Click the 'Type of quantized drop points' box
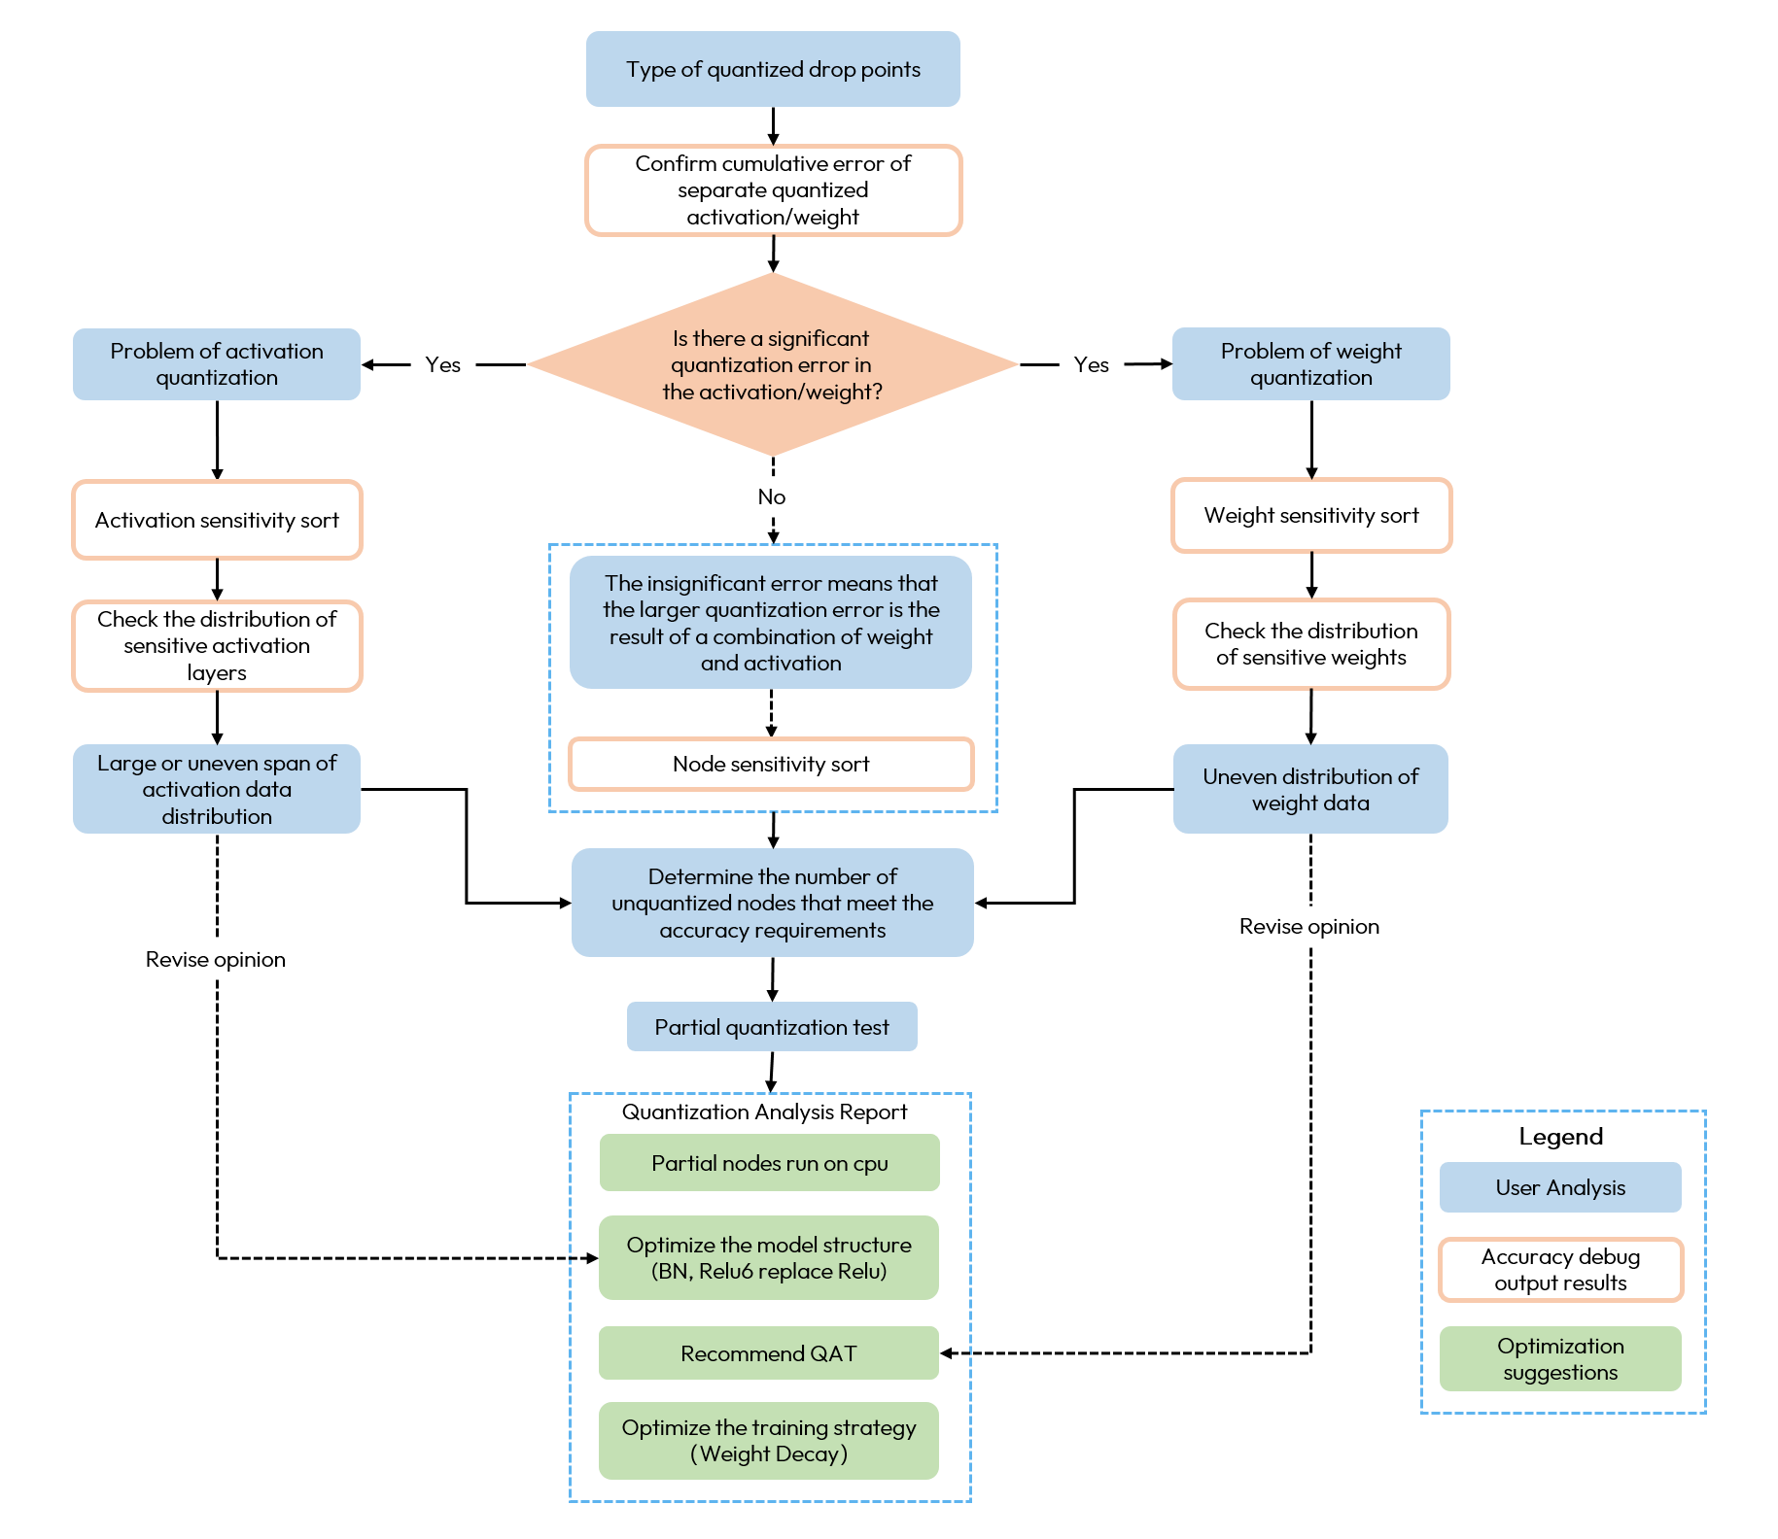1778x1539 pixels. (773, 69)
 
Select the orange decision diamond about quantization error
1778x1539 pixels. (772, 364)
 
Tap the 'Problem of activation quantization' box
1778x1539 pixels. (217, 364)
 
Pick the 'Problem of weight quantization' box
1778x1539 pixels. (1310, 364)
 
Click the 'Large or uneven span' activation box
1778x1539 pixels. (217, 789)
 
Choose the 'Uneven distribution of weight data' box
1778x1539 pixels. (1310, 789)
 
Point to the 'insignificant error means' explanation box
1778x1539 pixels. (771, 623)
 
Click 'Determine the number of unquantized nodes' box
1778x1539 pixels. (772, 903)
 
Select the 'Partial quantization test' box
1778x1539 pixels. (772, 1027)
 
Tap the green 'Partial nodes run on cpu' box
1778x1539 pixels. (769, 1163)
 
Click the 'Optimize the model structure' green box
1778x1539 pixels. (769, 1258)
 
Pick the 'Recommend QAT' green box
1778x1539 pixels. (769, 1353)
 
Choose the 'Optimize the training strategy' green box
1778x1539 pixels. (769, 1441)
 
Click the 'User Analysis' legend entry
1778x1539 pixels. (1560, 1187)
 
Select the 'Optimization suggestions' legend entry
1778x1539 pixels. (1560, 1358)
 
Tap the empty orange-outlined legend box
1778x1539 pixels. (1560, 1270)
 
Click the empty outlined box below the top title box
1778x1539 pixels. (773, 190)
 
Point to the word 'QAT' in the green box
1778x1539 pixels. (833, 1353)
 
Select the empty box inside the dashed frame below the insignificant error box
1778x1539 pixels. (771, 764)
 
